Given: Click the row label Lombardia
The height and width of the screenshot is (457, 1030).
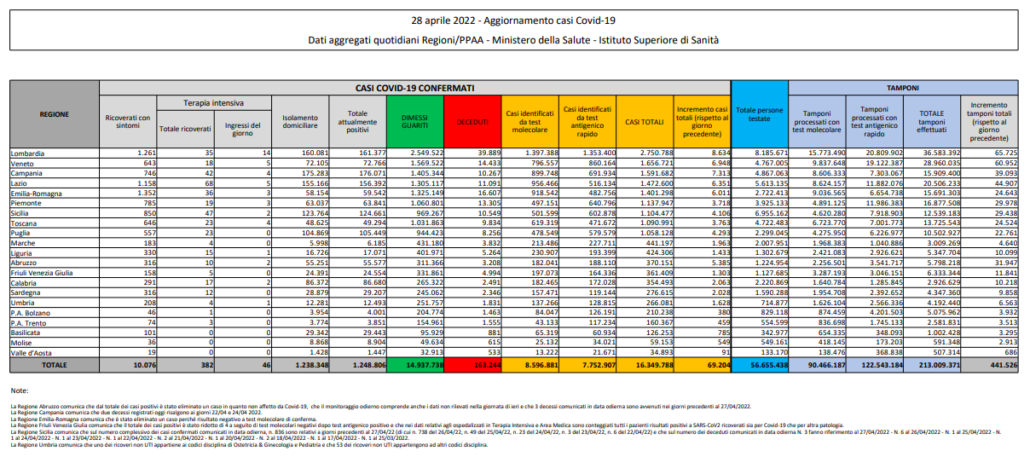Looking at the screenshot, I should (x=26, y=153).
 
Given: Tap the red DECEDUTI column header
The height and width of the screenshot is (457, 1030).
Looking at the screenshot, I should (x=472, y=123).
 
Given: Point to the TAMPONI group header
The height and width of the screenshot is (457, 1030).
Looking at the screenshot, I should (x=903, y=88).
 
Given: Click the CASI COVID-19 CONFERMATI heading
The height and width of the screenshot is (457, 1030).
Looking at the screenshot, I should (x=415, y=88).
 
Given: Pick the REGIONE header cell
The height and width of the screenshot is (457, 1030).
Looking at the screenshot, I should (x=55, y=114).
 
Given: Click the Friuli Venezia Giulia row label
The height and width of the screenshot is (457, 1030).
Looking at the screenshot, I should (x=42, y=273).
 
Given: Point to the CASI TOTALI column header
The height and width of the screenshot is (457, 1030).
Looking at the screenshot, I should (x=645, y=123).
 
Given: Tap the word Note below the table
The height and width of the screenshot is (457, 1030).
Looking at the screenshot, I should (x=20, y=390).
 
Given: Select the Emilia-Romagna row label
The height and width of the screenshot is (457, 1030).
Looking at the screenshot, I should (x=36, y=194).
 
